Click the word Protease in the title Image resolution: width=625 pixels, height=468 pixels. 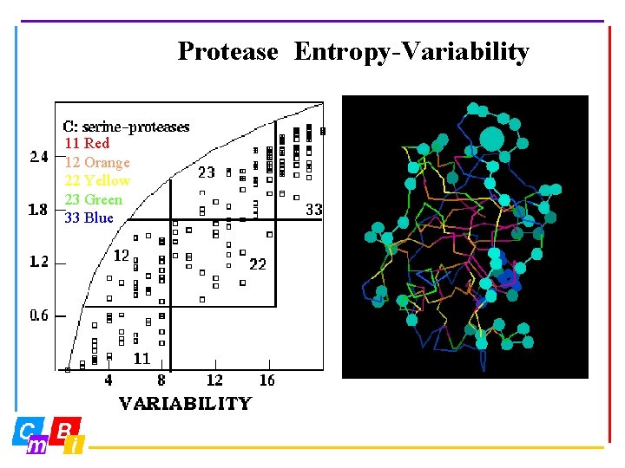click(227, 52)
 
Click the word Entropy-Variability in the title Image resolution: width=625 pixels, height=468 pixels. click(411, 52)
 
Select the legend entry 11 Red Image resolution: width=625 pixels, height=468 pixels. click(87, 144)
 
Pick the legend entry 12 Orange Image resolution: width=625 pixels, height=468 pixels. click(97, 163)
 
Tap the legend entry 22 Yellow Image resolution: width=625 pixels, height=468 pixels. click(97, 181)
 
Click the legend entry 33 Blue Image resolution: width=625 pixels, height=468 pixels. click(89, 218)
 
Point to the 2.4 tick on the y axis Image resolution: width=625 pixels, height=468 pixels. click(40, 157)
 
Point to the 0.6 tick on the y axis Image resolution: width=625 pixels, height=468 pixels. click(40, 315)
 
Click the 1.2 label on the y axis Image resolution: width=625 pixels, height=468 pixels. click(40, 262)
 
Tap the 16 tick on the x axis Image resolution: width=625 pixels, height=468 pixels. click(267, 380)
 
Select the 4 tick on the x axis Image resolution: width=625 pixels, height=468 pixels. click(109, 380)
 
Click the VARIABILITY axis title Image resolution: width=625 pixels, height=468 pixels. click(185, 403)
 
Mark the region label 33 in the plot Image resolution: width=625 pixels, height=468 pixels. click(314, 210)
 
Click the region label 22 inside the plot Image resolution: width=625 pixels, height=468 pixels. click(258, 263)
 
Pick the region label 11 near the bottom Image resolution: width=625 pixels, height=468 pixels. click(141, 358)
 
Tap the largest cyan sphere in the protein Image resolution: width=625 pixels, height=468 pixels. click(491, 139)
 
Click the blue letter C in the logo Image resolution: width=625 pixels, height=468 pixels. click(28, 430)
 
